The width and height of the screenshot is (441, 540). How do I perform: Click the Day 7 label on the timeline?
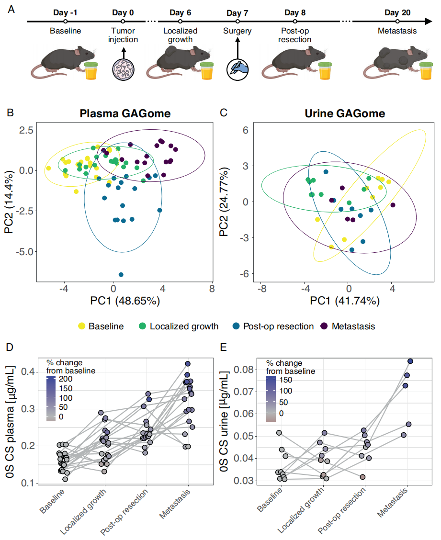click(237, 12)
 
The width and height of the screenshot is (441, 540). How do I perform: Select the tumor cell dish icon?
click(123, 68)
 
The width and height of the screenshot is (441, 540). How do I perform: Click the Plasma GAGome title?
click(125, 114)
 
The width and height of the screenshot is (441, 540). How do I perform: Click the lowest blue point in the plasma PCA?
click(121, 274)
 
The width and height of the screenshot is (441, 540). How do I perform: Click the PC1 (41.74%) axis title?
click(339, 301)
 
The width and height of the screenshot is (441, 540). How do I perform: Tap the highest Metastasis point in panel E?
click(410, 361)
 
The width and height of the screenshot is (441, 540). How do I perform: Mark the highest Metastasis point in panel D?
click(188, 364)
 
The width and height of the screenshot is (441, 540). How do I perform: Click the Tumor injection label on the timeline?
click(123, 35)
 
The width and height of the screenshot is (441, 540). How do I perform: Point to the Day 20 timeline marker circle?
click(397, 21)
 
